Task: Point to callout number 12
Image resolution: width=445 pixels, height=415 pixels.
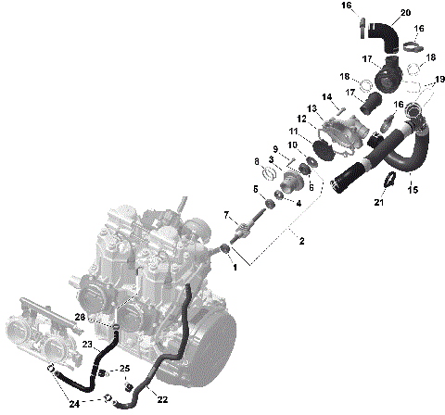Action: tap(301, 119)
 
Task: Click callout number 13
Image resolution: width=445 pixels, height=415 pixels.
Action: tap(312, 109)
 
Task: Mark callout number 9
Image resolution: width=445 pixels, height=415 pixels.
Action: tap(275, 149)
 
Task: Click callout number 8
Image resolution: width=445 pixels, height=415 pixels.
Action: tap(257, 162)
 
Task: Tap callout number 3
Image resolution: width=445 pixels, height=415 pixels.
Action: tap(272, 159)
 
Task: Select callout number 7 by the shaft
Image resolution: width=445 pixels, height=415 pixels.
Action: tap(226, 216)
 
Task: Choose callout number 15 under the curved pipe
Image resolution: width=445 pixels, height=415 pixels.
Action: tap(413, 190)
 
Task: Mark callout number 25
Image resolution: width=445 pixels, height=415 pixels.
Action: tap(126, 369)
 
